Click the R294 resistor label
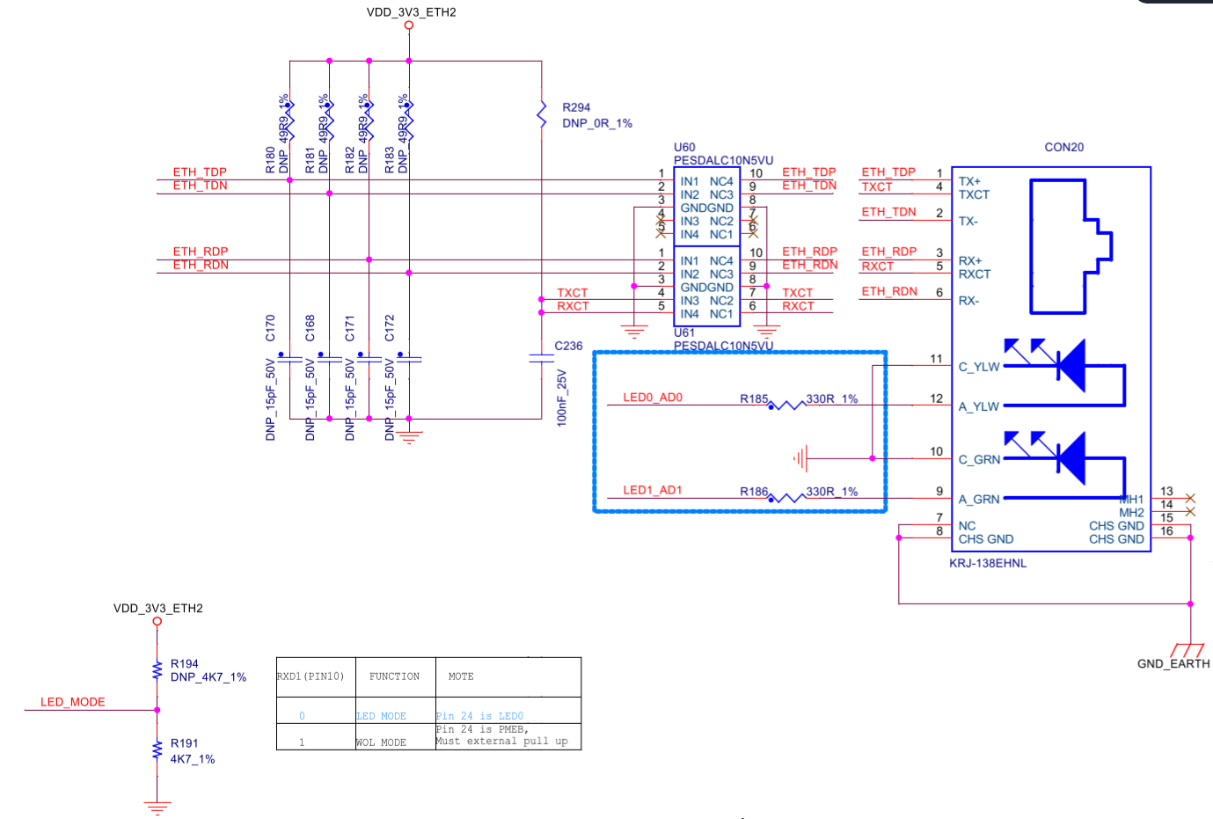576,107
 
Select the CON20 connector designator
1063,147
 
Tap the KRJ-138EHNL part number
987,563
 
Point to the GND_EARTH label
1173,663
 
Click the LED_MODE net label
73,702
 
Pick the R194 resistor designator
184,663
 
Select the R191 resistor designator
184,743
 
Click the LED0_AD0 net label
653,398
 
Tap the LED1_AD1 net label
653,490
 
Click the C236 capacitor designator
568,346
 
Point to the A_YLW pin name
979,406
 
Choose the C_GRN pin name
979,459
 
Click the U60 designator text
684,147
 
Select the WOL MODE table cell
381,742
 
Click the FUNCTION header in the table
394,676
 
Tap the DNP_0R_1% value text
597,123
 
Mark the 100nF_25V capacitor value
562,398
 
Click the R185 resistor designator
754,399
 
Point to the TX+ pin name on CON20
969,181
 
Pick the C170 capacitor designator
270,328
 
